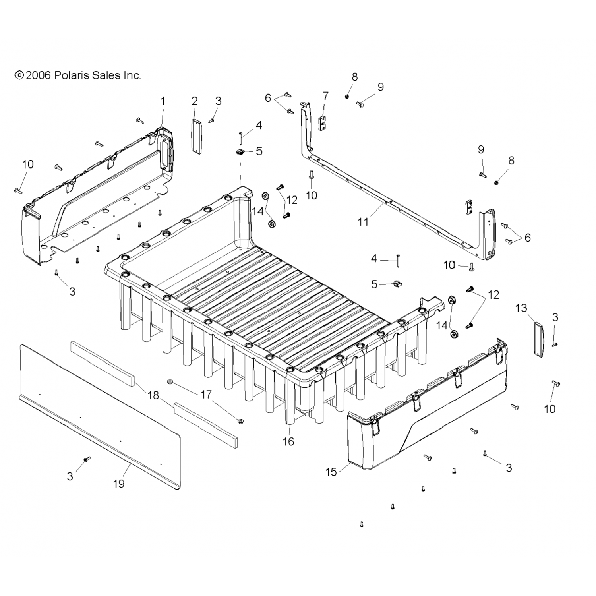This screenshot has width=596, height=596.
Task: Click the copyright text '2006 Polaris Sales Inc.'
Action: point(78,75)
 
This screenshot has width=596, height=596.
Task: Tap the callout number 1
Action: point(163,101)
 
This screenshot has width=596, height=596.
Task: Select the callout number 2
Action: point(194,101)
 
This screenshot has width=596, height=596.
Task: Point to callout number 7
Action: point(325,96)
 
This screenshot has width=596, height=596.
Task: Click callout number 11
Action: point(363,222)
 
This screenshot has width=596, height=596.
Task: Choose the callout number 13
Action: point(521,308)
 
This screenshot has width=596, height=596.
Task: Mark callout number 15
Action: point(331,472)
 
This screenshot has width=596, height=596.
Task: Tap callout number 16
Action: point(288,441)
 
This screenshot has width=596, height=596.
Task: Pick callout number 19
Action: point(118,483)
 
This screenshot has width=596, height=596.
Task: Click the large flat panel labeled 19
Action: point(99,413)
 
